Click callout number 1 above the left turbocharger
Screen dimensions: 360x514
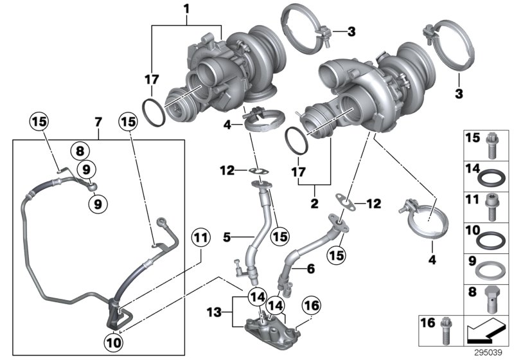tap(187, 10)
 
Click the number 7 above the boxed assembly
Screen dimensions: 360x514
tap(98, 122)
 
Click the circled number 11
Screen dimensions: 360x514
tap(201, 239)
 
